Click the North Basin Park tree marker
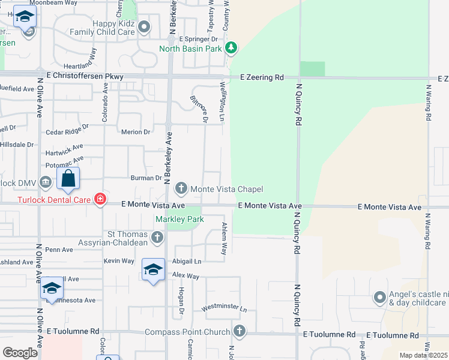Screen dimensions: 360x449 point(232,47)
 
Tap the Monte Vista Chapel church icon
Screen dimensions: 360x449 point(181,189)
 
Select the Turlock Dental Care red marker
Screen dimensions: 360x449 point(100,200)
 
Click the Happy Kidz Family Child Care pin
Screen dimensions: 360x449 point(144,27)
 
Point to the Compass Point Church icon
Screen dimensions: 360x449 point(239,331)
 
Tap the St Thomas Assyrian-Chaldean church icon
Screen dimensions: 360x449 point(157,238)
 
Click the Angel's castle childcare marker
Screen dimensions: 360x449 point(379,298)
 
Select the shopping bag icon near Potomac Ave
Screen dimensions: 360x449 point(68,179)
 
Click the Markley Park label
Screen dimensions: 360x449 point(180,219)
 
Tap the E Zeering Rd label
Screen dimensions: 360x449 point(262,77)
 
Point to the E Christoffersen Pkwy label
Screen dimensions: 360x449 point(85,76)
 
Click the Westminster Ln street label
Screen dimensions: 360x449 point(224,308)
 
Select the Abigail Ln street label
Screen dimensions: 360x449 point(185,261)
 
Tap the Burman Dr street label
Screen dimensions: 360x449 point(146,178)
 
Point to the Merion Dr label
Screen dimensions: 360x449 point(135,132)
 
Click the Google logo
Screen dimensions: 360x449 point(20,352)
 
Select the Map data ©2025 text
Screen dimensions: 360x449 point(423,355)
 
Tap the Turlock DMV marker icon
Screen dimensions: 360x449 point(46,182)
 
